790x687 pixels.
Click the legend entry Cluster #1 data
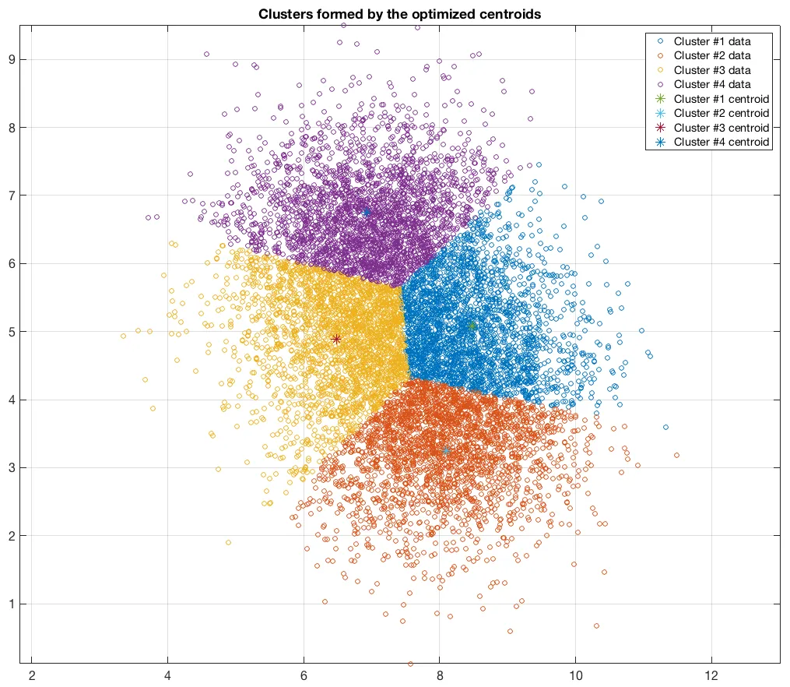click(711, 41)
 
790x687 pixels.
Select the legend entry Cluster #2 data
click(711, 55)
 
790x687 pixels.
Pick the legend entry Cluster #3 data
click(711, 70)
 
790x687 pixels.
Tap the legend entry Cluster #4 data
click(711, 84)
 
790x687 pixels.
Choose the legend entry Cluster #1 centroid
click(721, 99)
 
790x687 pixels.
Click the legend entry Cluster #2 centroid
click(721, 113)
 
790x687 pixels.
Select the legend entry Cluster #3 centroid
click(721, 128)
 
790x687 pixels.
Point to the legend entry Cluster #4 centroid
click(721, 142)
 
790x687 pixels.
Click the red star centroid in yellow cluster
click(336, 339)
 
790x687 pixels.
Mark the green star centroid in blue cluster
click(472, 326)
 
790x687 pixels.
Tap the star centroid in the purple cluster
click(366, 212)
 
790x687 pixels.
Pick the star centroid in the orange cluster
click(446, 451)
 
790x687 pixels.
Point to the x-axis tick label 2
click(32, 675)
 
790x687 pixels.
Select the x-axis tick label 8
click(440, 675)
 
